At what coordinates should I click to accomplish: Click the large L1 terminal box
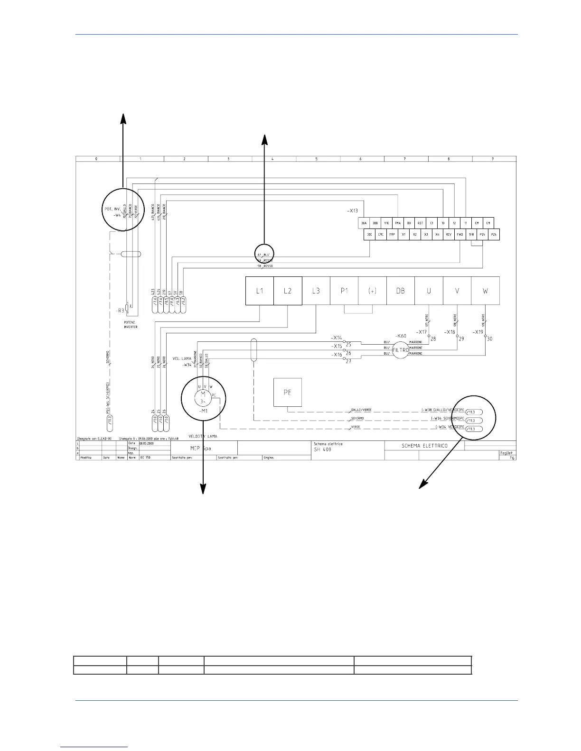point(259,291)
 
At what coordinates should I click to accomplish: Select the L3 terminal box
point(316,291)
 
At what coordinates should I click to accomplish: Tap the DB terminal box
point(401,291)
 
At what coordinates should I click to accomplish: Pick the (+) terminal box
point(372,291)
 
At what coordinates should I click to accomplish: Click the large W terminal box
point(485,291)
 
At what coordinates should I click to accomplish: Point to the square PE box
point(287,392)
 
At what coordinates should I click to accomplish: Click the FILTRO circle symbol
point(400,350)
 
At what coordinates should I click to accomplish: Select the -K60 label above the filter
point(401,336)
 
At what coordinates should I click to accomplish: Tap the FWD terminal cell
point(460,234)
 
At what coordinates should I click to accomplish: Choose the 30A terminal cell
point(364,223)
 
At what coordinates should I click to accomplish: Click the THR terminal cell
point(471,234)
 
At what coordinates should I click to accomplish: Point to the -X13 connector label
point(352,211)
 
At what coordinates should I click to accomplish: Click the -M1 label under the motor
point(203,411)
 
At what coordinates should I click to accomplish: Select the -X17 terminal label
point(422,332)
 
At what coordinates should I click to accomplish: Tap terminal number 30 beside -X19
point(490,339)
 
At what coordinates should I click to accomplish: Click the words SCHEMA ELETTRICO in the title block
point(424,446)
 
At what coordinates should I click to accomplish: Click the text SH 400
point(322,449)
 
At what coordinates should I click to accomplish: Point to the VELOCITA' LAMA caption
point(203,436)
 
